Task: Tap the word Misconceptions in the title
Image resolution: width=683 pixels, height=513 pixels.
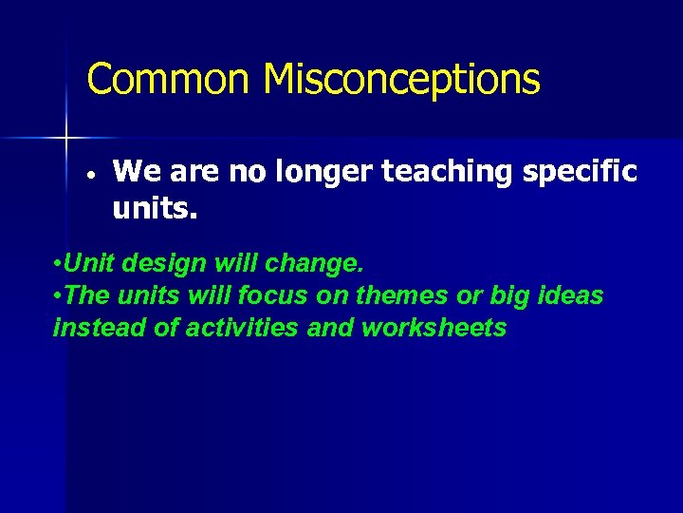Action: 402,80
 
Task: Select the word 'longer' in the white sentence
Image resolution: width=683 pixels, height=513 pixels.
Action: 325,171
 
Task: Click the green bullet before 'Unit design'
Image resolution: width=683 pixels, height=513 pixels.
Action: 59,262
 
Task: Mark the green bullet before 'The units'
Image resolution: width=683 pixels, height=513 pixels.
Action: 59,296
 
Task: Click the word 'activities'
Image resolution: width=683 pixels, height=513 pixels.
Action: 252,329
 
